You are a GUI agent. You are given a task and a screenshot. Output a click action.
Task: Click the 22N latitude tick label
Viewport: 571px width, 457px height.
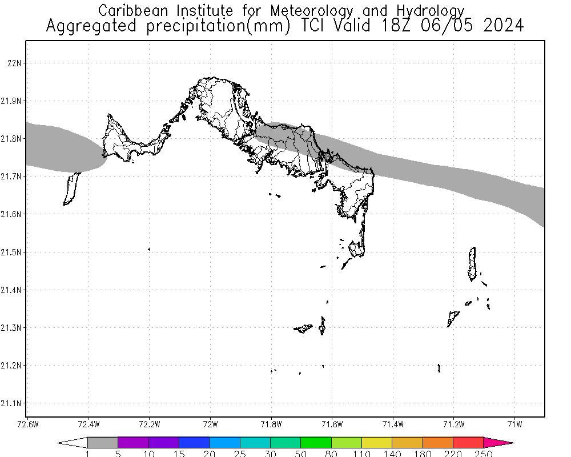[14, 63]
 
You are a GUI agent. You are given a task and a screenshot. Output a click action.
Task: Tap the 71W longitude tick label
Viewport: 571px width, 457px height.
[515, 424]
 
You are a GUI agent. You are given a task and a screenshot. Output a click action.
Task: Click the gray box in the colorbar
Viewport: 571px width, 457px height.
[103, 443]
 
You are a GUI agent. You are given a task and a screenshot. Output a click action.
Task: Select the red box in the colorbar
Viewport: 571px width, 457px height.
[468, 443]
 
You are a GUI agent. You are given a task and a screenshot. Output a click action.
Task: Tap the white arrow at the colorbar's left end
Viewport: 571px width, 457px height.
[73, 443]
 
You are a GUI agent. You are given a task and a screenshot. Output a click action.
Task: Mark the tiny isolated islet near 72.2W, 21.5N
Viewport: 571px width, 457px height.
[149, 249]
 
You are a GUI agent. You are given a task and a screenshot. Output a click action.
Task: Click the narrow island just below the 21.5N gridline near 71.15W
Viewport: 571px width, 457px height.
[472, 264]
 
